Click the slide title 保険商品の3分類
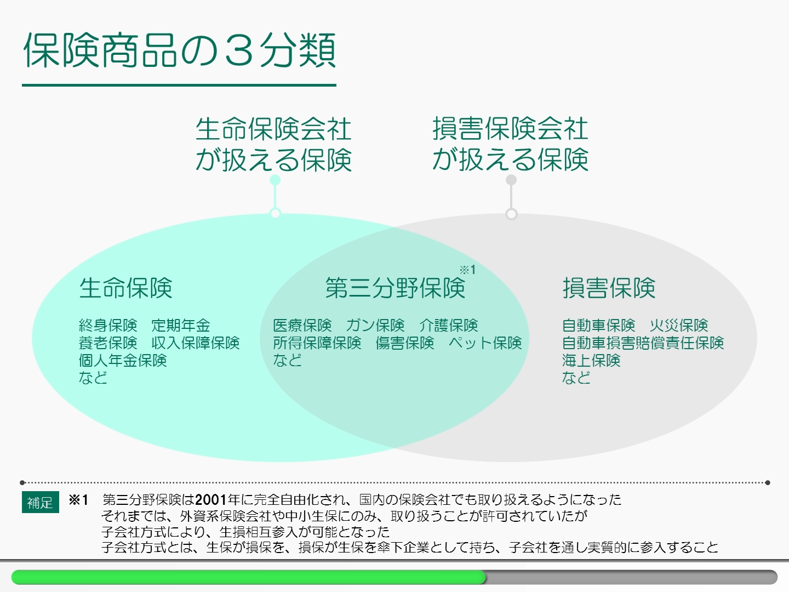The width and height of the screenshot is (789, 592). pyautogui.click(x=180, y=50)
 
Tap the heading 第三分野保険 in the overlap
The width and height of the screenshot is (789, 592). pyautogui.click(x=395, y=288)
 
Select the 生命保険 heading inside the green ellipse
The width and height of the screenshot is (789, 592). pyautogui.click(x=125, y=288)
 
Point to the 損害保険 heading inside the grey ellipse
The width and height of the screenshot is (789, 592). pyautogui.click(x=609, y=288)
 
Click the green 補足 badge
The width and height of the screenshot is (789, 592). pyautogui.click(x=40, y=502)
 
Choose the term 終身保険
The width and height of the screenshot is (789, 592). pyautogui.click(x=108, y=325)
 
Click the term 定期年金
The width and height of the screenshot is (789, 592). pyautogui.click(x=181, y=325)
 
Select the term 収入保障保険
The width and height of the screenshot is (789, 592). pyautogui.click(x=195, y=343)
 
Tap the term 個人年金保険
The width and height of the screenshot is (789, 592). pyautogui.click(x=123, y=360)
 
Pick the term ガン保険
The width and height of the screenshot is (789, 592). pyautogui.click(x=375, y=325)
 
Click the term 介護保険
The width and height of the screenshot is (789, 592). pyautogui.click(x=449, y=325)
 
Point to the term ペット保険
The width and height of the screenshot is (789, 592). pyautogui.click(x=485, y=343)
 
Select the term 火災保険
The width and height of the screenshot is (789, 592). pyautogui.click(x=679, y=325)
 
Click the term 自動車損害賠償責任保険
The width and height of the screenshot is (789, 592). pyautogui.click(x=643, y=343)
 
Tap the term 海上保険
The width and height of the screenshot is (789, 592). pyautogui.click(x=591, y=360)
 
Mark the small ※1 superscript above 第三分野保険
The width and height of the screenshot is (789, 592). pyautogui.click(x=468, y=270)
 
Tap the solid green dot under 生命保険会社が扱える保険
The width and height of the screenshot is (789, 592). pyautogui.click(x=275, y=180)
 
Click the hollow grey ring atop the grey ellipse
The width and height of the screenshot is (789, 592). pyautogui.click(x=511, y=214)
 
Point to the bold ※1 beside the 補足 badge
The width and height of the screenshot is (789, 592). pyautogui.click(x=78, y=499)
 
